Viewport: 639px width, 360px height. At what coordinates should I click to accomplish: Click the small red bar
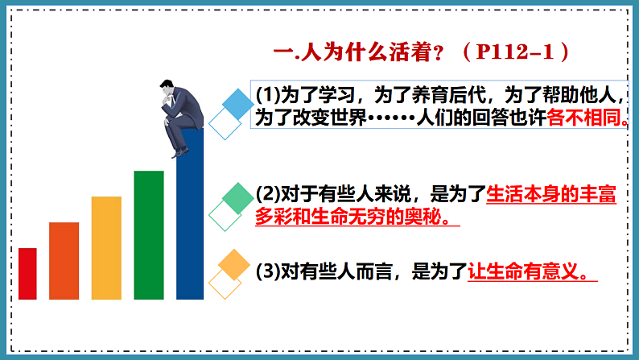[x=27, y=273]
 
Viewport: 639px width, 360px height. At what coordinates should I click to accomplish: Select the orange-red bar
[x=64, y=260]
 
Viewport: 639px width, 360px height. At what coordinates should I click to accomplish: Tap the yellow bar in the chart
[x=106, y=247]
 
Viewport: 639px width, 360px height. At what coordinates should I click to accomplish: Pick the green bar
[x=149, y=234]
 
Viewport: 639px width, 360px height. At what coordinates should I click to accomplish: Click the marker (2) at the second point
[x=266, y=194]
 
